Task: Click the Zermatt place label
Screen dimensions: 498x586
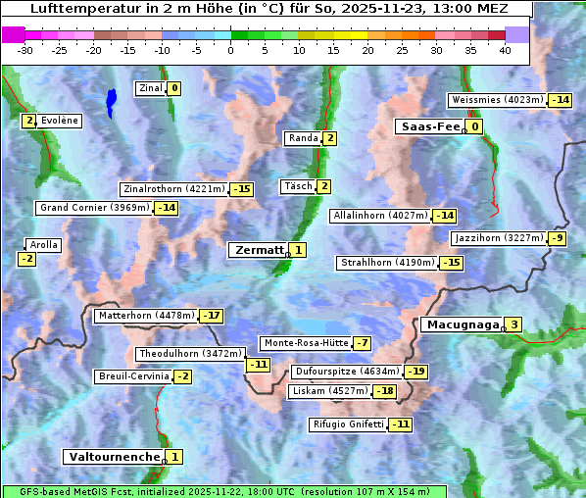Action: [x=258, y=250]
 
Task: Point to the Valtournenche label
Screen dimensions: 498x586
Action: [x=113, y=457]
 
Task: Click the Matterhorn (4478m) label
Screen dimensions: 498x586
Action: [x=145, y=316]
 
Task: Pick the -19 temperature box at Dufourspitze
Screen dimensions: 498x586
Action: [x=416, y=372]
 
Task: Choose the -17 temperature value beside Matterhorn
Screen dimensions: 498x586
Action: [x=211, y=316]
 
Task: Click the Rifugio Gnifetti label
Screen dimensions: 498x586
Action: [x=347, y=424]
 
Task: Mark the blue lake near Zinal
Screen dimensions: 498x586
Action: [x=111, y=101]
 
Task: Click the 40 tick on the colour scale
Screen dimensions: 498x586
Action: [x=505, y=51]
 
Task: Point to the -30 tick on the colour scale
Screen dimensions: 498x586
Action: [x=25, y=51]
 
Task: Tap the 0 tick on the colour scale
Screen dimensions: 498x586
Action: [x=231, y=51]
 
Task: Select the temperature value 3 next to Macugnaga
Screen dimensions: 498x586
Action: [x=513, y=324]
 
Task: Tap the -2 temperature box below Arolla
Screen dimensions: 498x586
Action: [x=26, y=259]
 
